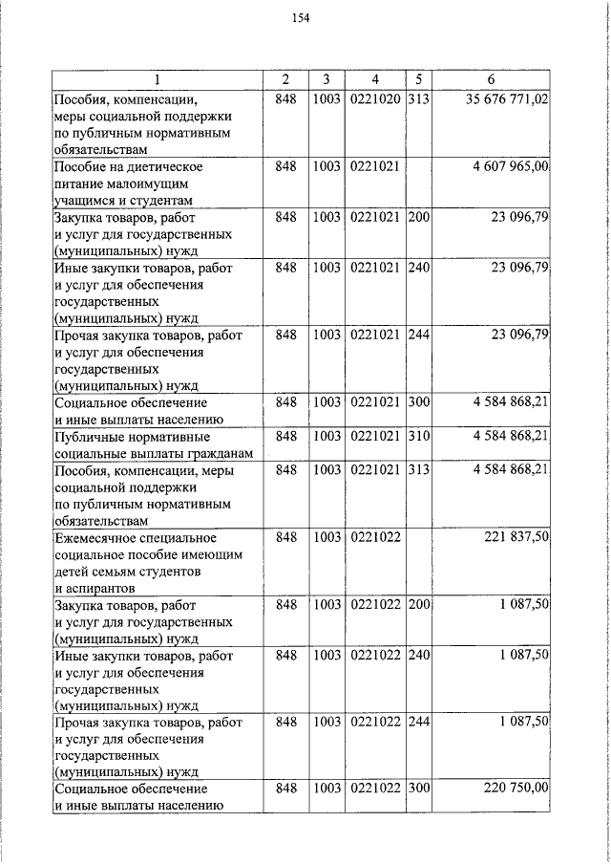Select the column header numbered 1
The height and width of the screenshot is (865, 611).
pyautogui.click(x=158, y=78)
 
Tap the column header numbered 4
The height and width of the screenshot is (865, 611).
pyautogui.click(x=375, y=78)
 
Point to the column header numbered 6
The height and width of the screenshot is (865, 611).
pyautogui.click(x=491, y=78)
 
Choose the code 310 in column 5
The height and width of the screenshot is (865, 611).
pyautogui.click(x=419, y=436)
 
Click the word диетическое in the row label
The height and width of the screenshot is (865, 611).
pyautogui.click(x=158, y=166)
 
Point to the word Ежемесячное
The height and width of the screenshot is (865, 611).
pyautogui.click(x=100, y=538)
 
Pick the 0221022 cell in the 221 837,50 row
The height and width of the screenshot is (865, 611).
pyautogui.click(x=375, y=538)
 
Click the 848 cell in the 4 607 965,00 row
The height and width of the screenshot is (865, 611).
pyautogui.click(x=285, y=166)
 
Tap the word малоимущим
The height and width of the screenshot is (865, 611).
pyautogui.click(x=148, y=184)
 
